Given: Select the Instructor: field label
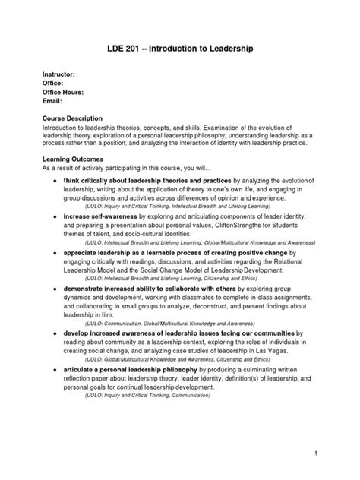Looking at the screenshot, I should [x=58, y=74].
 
